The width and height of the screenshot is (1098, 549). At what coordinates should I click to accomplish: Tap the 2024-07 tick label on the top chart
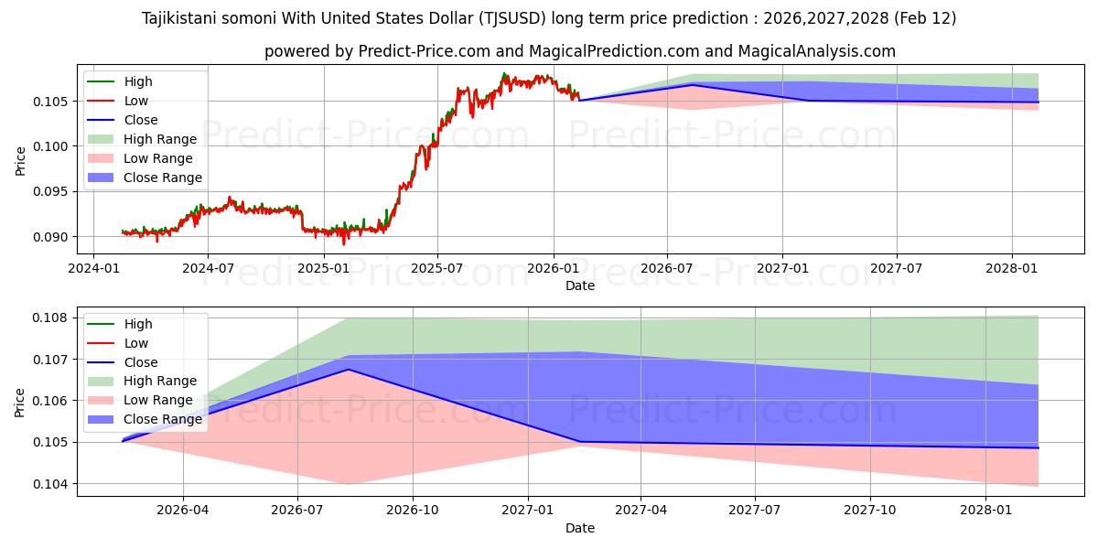click(208, 267)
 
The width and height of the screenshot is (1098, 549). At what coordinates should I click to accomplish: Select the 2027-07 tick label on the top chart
click(896, 267)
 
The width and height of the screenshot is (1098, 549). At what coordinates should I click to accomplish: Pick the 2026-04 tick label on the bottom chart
click(183, 510)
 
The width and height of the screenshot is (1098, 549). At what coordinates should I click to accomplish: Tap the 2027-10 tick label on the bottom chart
click(870, 510)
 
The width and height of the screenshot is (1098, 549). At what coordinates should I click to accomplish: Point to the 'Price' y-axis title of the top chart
click(21, 160)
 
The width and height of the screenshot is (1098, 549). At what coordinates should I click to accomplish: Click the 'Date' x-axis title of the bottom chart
click(580, 528)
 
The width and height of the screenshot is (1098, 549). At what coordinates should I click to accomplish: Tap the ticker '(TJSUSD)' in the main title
click(521, 18)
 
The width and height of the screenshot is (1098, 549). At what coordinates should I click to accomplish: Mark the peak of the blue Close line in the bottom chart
click(348, 370)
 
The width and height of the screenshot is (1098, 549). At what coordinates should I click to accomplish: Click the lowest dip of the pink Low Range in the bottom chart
click(348, 484)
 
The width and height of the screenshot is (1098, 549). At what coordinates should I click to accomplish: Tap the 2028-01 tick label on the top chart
click(1012, 267)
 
